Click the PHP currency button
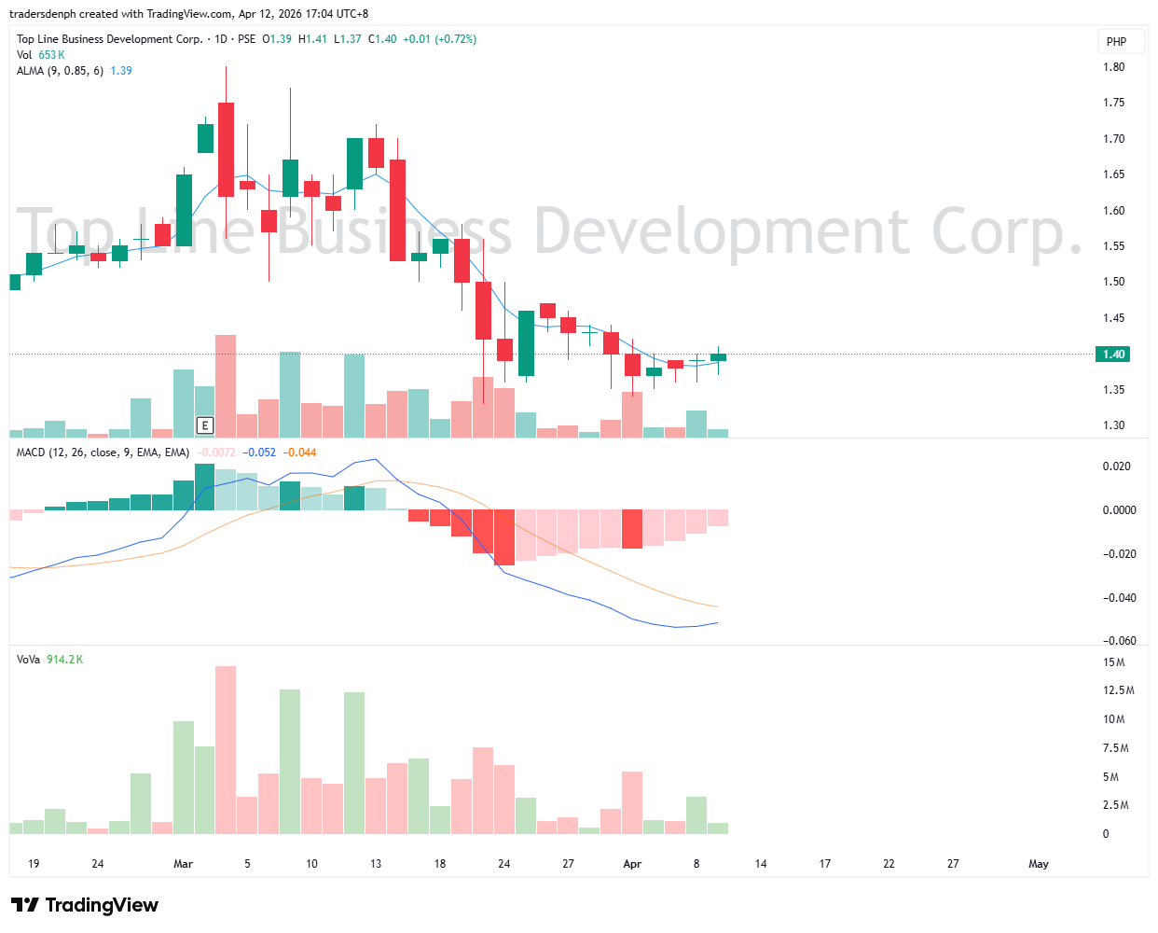[1116, 41]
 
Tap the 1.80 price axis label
[1113, 67]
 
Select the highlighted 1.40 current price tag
[1114, 355]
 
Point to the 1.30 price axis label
[1113, 425]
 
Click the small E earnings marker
[205, 425]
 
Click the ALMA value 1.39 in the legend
[121, 71]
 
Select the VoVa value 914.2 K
[64, 660]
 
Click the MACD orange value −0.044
[299, 453]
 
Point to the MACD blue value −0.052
[259, 453]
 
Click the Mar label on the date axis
[183, 864]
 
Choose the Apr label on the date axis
[632, 864]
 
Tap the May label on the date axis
[1039, 864]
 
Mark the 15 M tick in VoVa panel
[1113, 662]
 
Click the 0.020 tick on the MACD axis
[1117, 466]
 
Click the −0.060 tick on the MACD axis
[1117, 641]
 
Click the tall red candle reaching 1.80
[226, 149]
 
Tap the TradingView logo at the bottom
[85, 905]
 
